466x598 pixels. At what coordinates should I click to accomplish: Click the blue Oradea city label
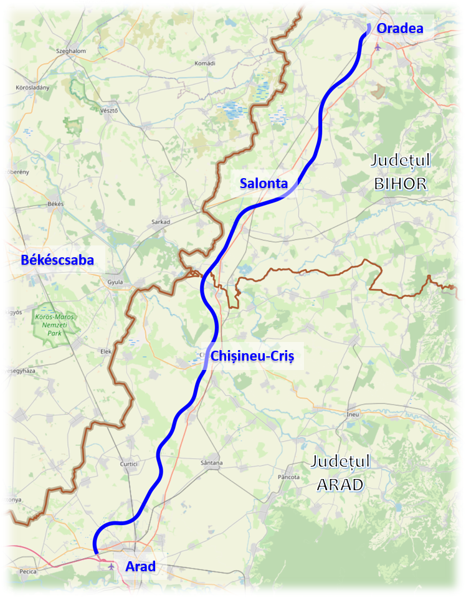pos(400,28)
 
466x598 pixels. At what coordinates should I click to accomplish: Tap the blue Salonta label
pos(264,183)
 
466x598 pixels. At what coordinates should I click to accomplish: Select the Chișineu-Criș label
pos(252,356)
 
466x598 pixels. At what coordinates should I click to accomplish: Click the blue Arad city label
pos(140,566)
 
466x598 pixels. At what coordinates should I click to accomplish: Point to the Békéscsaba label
pos(57,260)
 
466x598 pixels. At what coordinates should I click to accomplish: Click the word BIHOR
pos(400,183)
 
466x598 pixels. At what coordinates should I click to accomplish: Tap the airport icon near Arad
pos(111,566)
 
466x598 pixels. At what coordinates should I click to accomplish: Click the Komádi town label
pos(204,64)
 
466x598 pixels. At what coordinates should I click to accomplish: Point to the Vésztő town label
pos(108,110)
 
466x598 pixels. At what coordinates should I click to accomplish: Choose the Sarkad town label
pos(161,221)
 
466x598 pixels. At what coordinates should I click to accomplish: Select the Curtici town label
pos(130,464)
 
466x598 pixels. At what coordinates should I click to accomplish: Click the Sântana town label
pos(212,463)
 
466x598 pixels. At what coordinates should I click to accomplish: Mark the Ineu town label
pos(353,414)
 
